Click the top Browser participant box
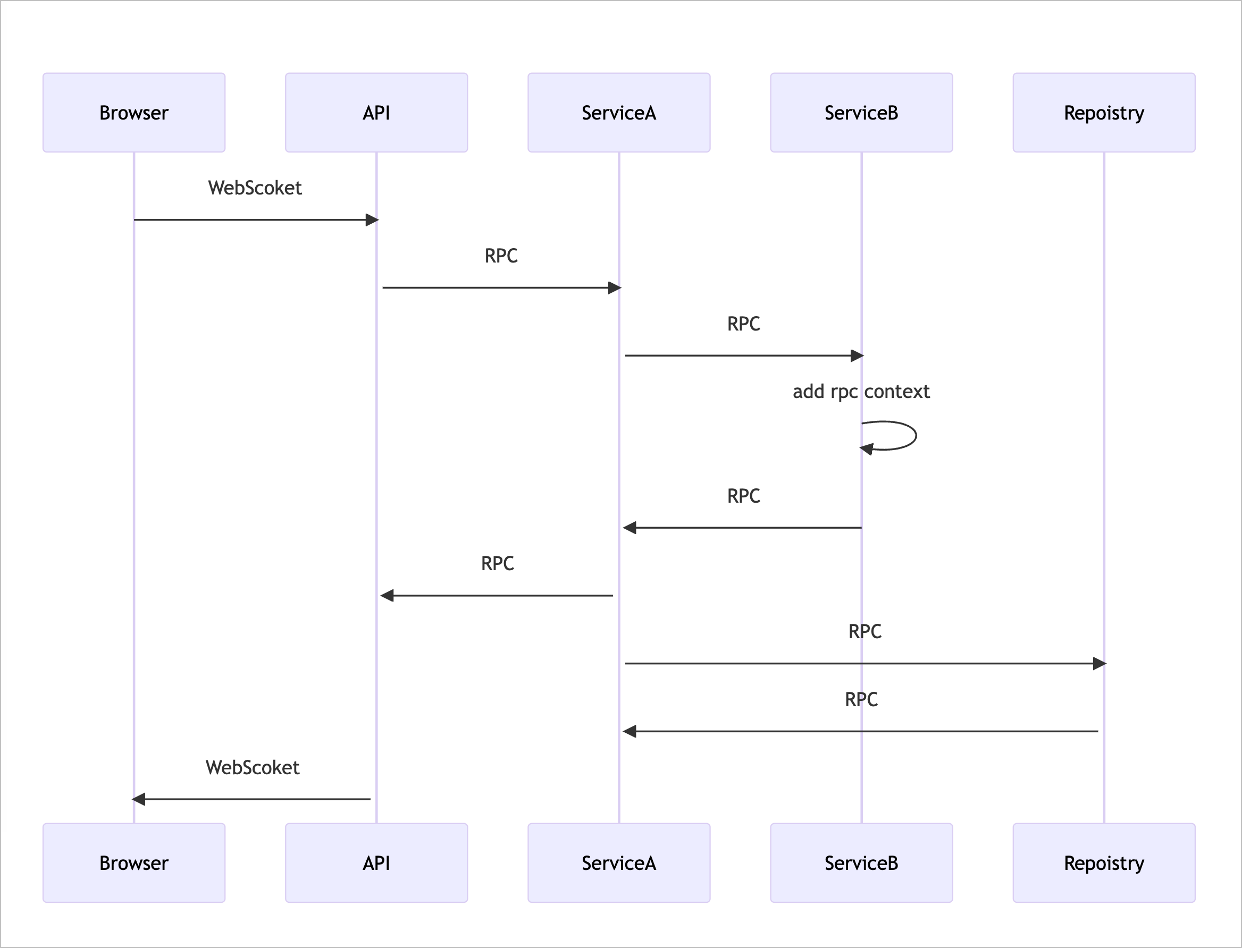click(x=134, y=112)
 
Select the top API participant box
click(x=376, y=112)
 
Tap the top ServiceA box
click(x=619, y=112)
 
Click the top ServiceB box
click(x=861, y=112)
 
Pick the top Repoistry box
click(x=1104, y=112)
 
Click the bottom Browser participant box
click(x=134, y=863)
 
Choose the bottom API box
click(x=376, y=863)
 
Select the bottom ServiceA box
click(x=619, y=863)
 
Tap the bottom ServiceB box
click(x=861, y=863)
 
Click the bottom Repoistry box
click(x=1104, y=863)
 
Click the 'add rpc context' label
click(x=861, y=391)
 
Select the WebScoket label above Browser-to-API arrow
click(x=255, y=188)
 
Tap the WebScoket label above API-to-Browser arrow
click(x=253, y=767)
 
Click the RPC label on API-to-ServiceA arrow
click(x=501, y=256)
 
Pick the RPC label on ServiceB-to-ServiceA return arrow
click(x=743, y=495)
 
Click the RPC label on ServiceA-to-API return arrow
click(x=497, y=563)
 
